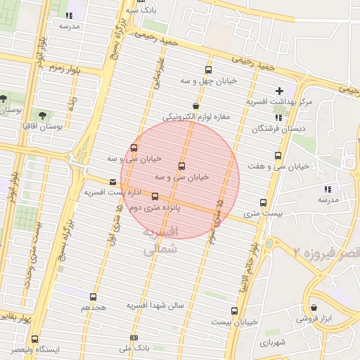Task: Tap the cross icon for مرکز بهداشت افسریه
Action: [x=280, y=91]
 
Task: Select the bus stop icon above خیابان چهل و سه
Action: [x=208, y=70]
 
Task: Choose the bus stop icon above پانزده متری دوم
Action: [x=155, y=197]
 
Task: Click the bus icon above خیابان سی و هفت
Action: [x=278, y=155]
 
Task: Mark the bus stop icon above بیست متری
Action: [x=264, y=201]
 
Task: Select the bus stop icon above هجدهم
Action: [x=93, y=297]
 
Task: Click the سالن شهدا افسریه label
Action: [x=155, y=306]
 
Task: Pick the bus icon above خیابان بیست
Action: [x=234, y=310]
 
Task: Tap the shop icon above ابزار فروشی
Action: [x=314, y=308]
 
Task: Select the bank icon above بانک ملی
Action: [x=134, y=337]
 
